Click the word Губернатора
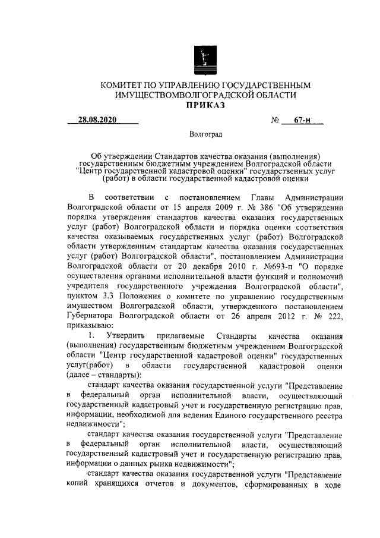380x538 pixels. (x=90, y=315)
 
